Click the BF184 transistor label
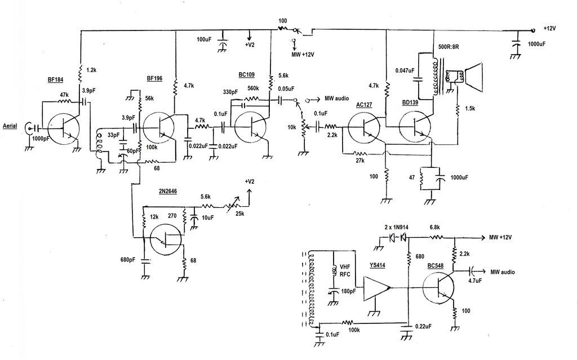[55, 80]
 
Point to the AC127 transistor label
[365, 105]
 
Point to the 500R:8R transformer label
[449, 47]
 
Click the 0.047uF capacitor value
[405, 70]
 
